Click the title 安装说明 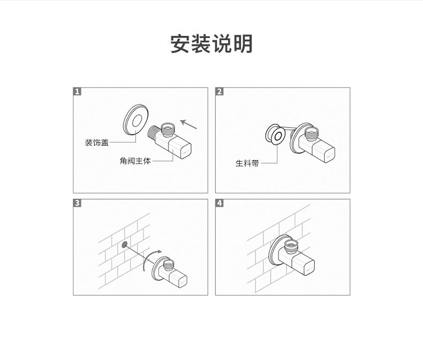point(211,44)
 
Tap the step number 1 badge point(78,92)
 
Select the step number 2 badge point(220,92)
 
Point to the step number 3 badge point(78,203)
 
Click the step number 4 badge point(220,203)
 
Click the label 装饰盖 point(96,142)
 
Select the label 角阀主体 point(135,161)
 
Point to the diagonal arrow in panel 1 point(189,124)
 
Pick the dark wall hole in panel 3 point(125,244)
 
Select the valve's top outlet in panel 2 point(310,131)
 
